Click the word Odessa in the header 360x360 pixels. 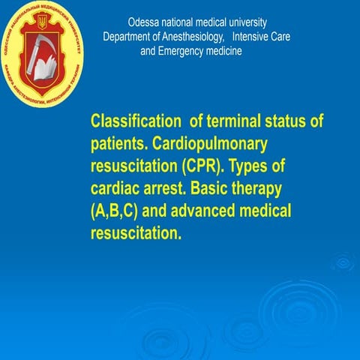tap(143, 22)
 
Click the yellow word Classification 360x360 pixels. tap(133, 121)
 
